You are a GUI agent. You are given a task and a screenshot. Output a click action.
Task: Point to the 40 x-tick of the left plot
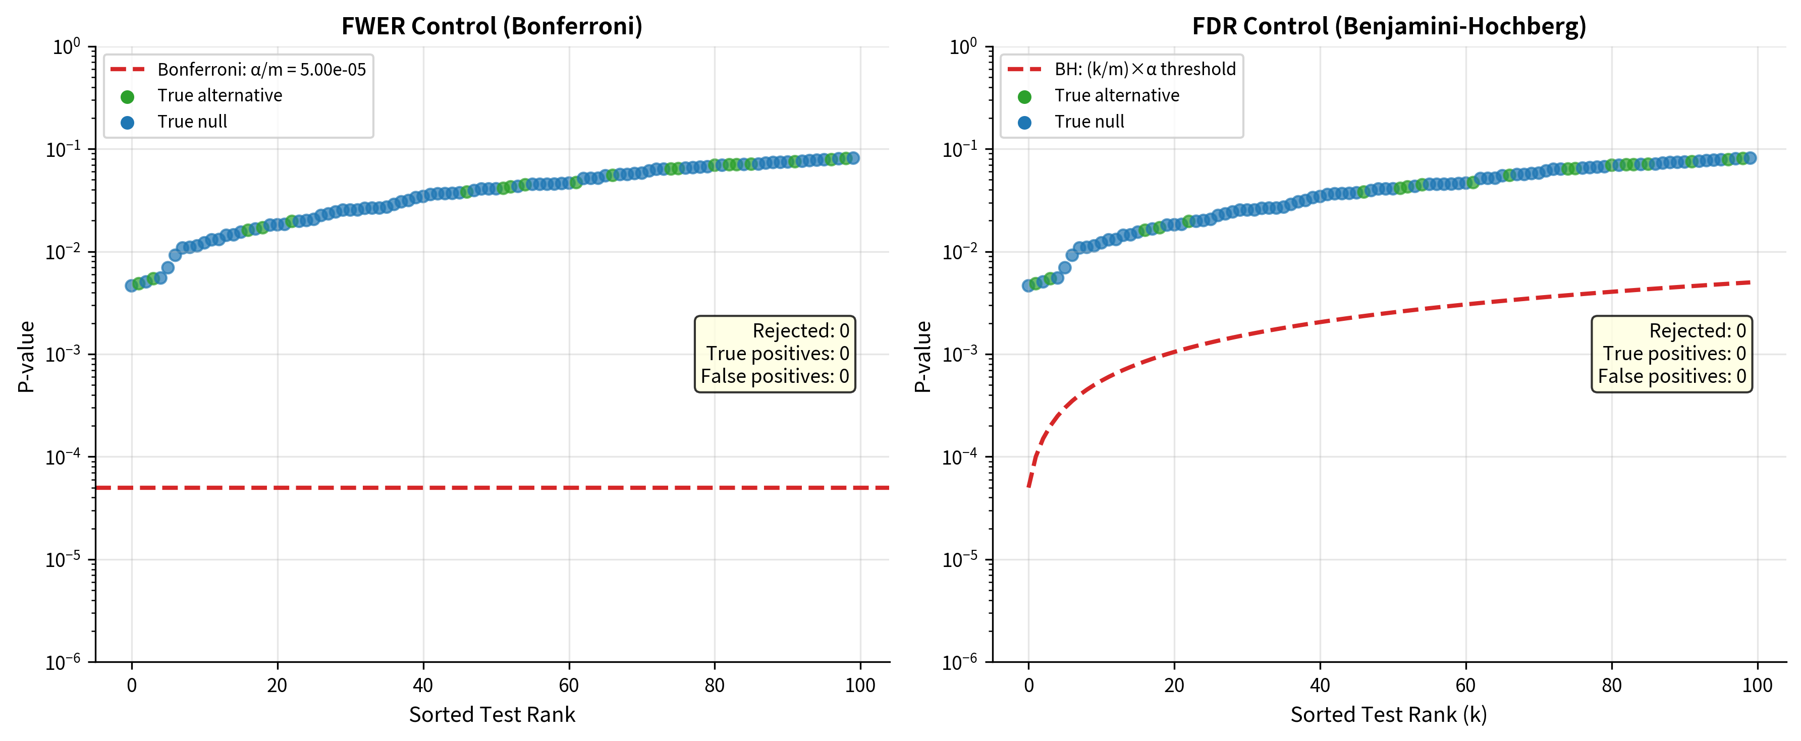point(423,685)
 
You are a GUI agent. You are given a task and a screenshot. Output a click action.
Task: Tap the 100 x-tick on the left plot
point(860,685)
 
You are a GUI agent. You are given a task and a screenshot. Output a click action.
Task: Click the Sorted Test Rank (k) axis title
point(1389,714)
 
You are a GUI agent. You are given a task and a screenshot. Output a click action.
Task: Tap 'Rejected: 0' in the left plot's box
point(800,331)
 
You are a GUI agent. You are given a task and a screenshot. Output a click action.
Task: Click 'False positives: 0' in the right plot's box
point(1672,376)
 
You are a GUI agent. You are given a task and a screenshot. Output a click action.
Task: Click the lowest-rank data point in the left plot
point(131,285)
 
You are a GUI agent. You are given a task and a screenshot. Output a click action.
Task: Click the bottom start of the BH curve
point(1029,486)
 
